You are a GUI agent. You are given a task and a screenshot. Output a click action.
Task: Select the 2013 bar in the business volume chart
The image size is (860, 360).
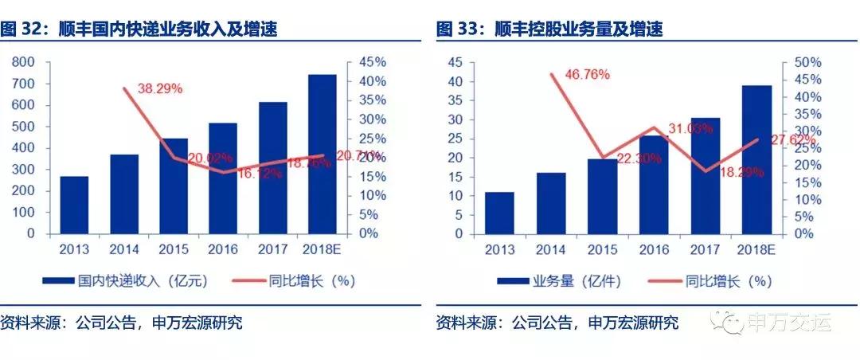[499, 213]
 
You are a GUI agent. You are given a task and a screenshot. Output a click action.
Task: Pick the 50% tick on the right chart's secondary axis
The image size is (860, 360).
[801, 62]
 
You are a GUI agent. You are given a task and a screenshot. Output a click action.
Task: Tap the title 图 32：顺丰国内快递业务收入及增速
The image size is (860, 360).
[143, 29]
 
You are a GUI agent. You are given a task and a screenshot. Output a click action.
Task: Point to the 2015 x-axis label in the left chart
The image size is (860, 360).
[174, 249]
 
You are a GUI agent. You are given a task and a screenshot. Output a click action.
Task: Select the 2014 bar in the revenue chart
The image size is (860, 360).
[123, 194]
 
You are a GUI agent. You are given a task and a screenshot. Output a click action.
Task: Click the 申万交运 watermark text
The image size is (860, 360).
[788, 323]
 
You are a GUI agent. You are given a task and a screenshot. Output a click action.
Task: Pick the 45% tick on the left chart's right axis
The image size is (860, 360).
[370, 62]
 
